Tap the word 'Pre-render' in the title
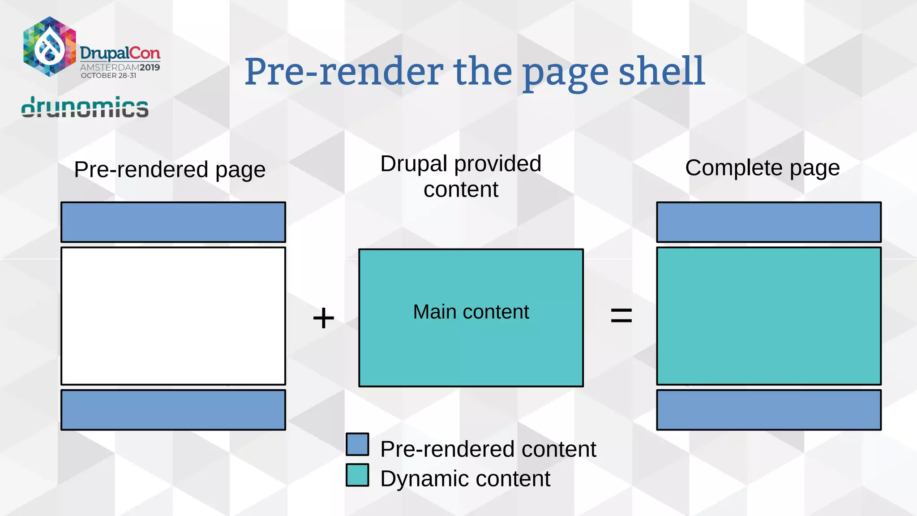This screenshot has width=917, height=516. (x=344, y=72)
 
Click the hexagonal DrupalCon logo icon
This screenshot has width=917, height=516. (x=49, y=47)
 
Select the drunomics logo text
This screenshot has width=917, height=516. (x=85, y=107)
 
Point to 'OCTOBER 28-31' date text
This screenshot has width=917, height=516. (x=108, y=76)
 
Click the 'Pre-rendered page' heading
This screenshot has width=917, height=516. (x=170, y=170)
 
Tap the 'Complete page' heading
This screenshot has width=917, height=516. (x=762, y=168)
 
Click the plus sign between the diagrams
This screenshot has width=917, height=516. (x=323, y=318)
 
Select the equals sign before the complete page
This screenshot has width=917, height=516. (x=621, y=315)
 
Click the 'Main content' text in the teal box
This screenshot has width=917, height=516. (x=471, y=312)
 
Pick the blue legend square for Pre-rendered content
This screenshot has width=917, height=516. (x=357, y=444)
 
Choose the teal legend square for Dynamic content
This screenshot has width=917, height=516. (x=357, y=475)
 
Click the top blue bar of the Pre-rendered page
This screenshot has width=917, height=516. (x=173, y=222)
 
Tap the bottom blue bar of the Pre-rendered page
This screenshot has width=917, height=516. (x=173, y=410)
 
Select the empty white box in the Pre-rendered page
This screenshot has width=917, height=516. (x=173, y=316)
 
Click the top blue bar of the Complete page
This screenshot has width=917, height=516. (x=769, y=222)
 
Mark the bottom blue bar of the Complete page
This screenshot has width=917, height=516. (x=769, y=410)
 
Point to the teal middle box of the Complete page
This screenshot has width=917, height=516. (x=769, y=316)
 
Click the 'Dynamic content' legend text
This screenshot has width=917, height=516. (x=465, y=478)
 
